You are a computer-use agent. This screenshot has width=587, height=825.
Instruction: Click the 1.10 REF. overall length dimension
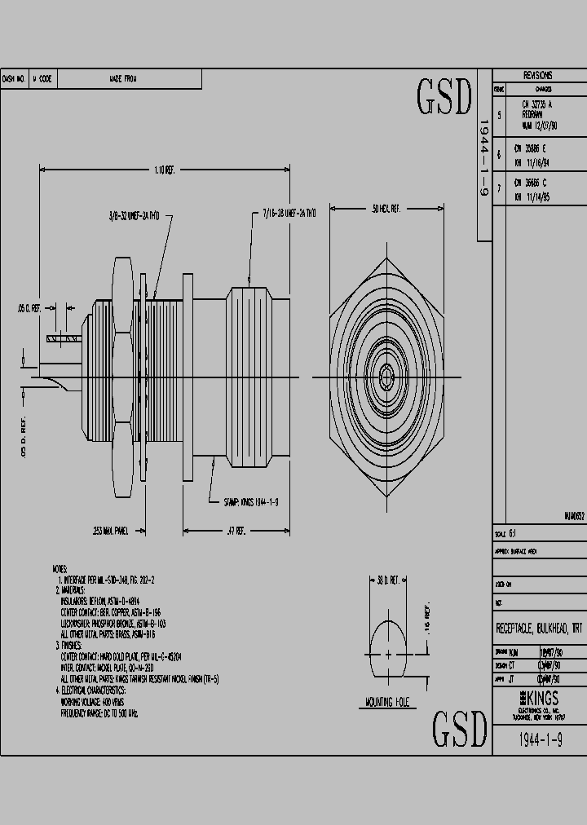(164, 170)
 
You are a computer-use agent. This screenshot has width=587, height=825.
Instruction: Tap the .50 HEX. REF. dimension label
(385, 210)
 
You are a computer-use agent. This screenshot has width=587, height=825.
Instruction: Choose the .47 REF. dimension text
(236, 530)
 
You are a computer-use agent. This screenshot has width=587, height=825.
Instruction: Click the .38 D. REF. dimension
(386, 580)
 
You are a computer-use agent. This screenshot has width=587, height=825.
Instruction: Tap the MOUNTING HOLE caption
(387, 702)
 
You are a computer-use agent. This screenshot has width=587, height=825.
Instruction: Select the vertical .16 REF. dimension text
(426, 620)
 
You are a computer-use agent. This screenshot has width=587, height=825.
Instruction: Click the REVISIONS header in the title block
(538, 74)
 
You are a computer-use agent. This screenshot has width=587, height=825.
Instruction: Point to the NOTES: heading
(60, 568)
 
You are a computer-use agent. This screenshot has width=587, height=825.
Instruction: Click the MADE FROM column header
(123, 79)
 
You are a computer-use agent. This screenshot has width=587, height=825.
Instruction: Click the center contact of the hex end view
(386, 377)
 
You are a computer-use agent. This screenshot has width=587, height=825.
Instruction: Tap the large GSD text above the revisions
(444, 98)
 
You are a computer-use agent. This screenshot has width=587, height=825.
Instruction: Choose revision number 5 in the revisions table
(499, 116)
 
